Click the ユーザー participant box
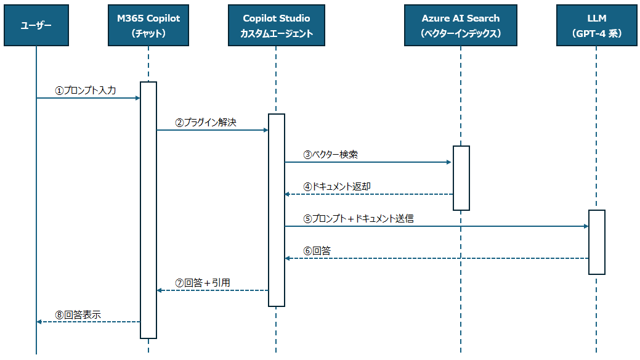coord(36,25)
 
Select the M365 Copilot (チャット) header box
coord(148,25)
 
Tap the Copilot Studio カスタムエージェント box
coord(277,25)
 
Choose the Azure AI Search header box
coord(460,25)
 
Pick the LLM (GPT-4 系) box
coord(596,25)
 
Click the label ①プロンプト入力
coord(86,90)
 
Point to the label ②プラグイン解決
coord(206,122)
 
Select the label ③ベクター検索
coord(331,155)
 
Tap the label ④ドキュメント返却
coord(337,186)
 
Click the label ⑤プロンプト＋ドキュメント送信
coord(358,219)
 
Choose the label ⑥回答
coord(317,250)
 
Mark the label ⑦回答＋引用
coord(203,283)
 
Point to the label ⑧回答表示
coord(78,314)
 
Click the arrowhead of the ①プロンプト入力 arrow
coord(138,98)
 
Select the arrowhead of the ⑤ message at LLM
coord(586,226)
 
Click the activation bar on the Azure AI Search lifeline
coord(461,178)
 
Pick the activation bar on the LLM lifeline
coord(597,242)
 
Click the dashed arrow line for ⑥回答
coord(437,258)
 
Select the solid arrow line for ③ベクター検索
coord(368,162)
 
